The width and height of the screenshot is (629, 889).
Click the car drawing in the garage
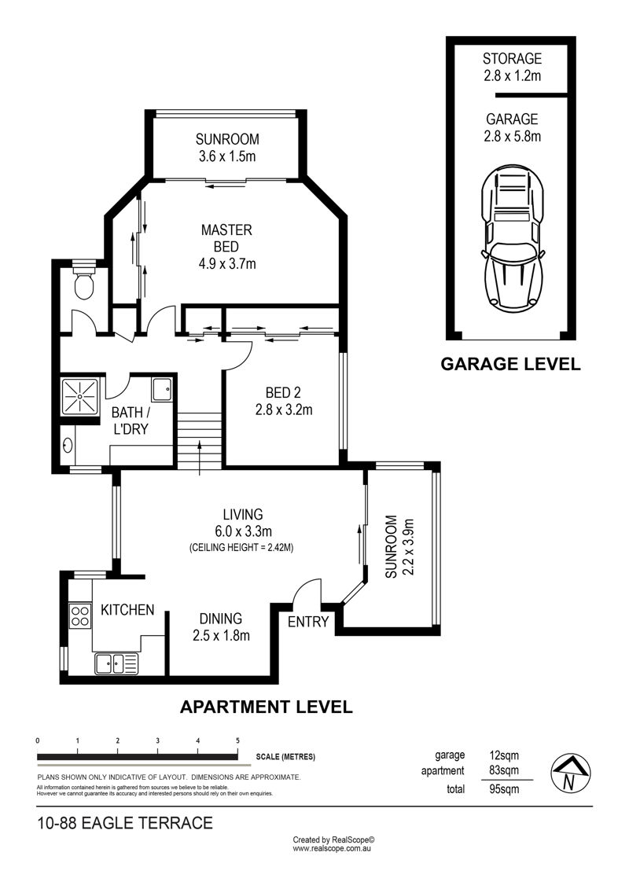(512, 239)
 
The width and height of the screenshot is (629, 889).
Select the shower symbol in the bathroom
(79, 395)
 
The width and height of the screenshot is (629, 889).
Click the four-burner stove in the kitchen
(80, 615)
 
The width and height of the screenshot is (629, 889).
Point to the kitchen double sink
(116, 663)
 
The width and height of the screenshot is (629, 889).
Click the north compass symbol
(571, 773)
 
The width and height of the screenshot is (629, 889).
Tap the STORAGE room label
(512, 58)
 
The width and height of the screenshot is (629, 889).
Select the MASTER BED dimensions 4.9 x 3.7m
(227, 263)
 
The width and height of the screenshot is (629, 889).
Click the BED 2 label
(283, 392)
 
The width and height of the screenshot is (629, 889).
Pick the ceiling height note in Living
(241, 548)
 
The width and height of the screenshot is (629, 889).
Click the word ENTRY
(308, 622)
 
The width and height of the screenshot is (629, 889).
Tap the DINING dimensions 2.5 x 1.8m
(221, 636)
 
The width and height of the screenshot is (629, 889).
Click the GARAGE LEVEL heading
(510, 364)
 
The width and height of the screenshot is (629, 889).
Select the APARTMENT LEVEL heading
(266, 707)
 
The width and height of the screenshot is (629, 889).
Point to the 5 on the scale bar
(237, 740)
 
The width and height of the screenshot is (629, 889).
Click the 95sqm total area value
(504, 788)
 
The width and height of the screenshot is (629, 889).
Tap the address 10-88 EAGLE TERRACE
(125, 823)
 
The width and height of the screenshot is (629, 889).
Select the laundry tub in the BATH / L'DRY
(161, 390)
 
